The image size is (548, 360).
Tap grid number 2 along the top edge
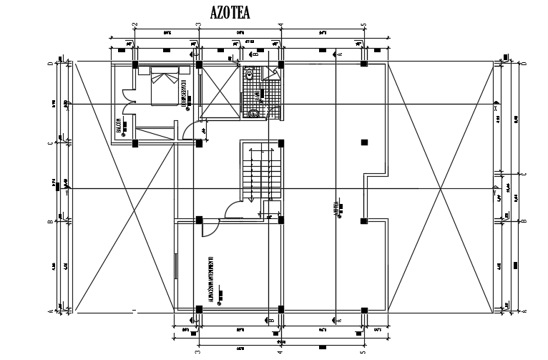click(134, 26)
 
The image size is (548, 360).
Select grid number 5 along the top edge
click(364, 26)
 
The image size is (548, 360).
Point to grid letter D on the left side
click(50, 64)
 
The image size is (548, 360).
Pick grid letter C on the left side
click(50, 143)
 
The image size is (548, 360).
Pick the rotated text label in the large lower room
click(212, 276)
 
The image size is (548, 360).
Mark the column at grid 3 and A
click(198, 309)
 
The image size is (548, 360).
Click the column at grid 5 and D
click(364, 64)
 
